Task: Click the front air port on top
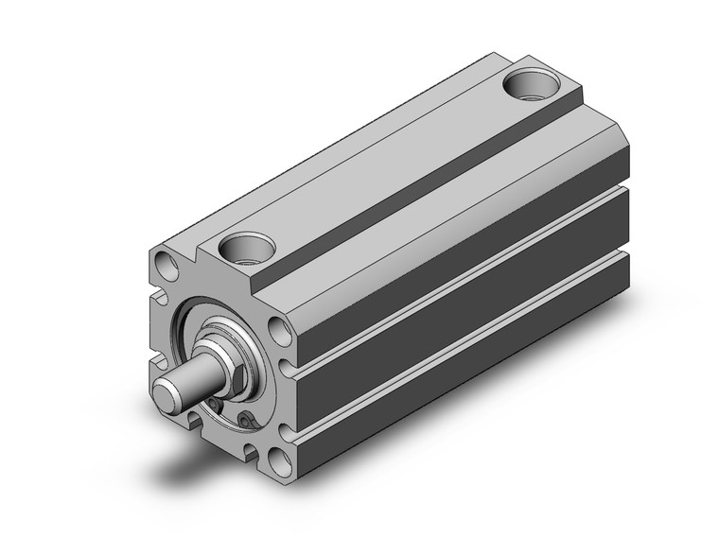click(247, 251)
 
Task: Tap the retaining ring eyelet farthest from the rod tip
click(248, 419)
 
